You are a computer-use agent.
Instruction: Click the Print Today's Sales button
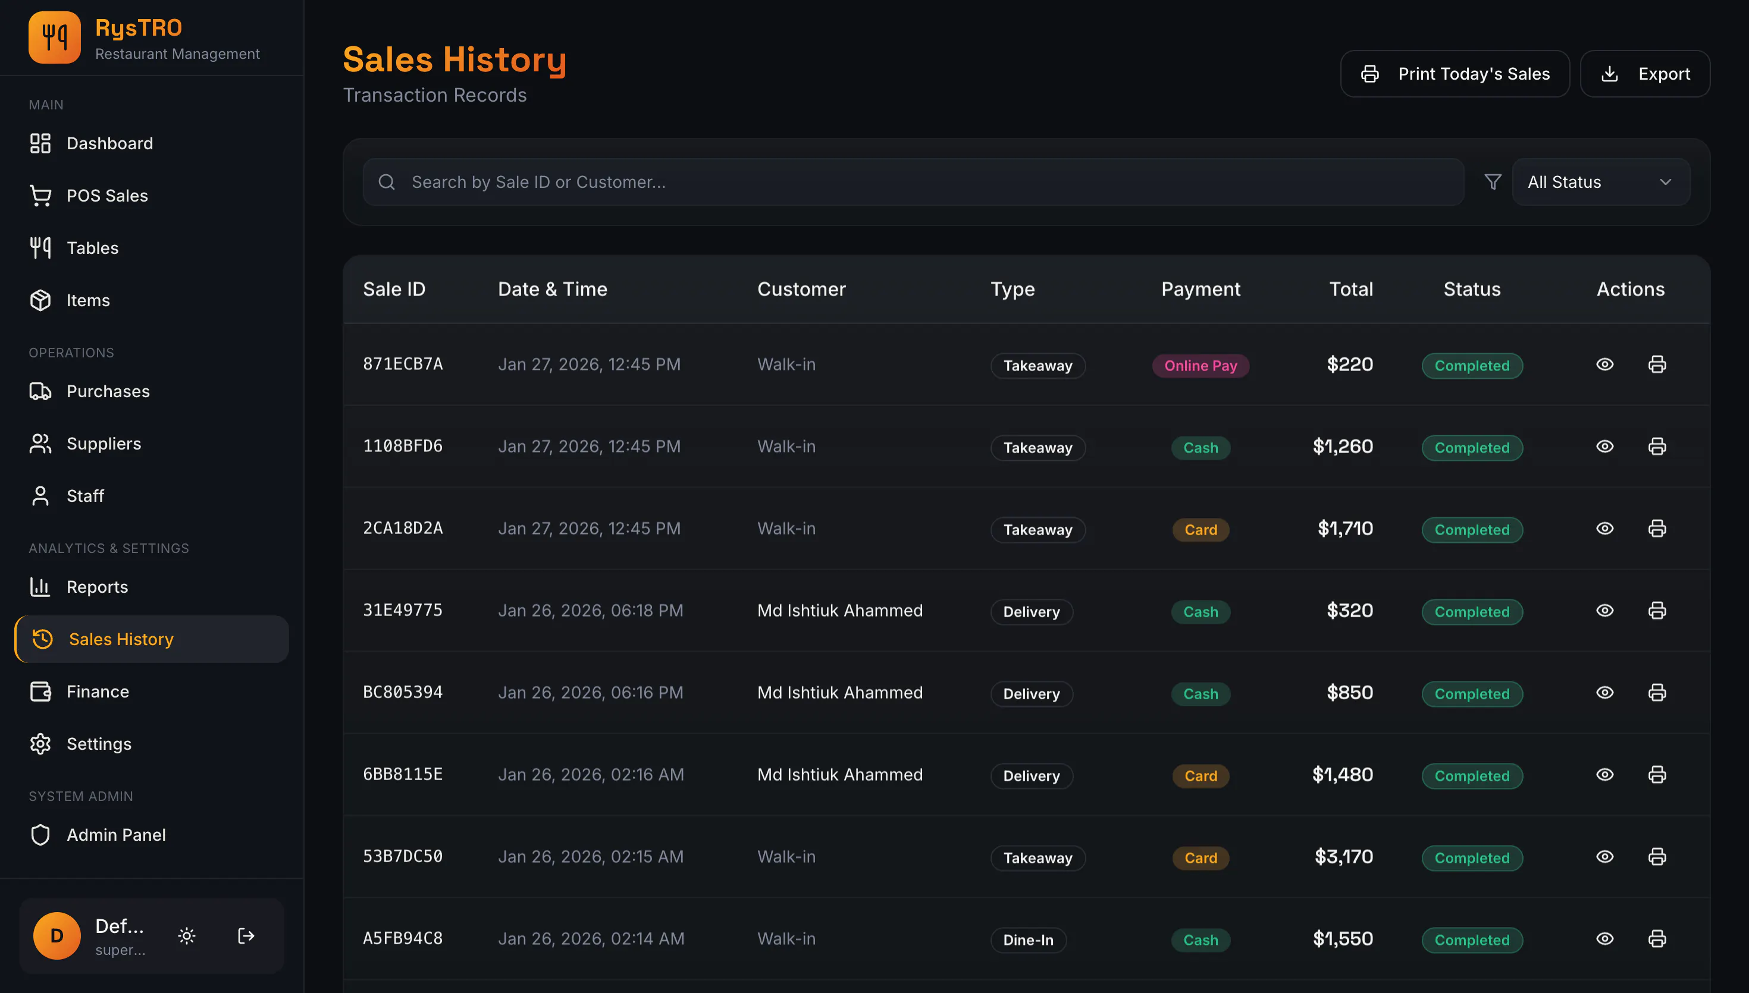coord(1455,74)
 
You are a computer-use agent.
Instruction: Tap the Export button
coord(1645,74)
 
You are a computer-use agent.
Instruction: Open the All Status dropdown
coord(1600,182)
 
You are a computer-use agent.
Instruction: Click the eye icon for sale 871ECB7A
coord(1604,364)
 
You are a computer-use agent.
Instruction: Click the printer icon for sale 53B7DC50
coord(1657,857)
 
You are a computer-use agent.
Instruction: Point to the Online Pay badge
coord(1201,366)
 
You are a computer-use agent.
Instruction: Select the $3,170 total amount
coord(1344,857)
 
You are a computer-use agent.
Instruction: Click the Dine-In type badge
coord(1028,940)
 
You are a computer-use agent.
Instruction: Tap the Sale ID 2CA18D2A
coord(403,529)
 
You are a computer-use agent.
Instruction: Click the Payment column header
coord(1201,289)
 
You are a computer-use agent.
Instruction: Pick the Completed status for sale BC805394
coord(1472,693)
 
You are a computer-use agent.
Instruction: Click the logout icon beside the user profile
coord(246,936)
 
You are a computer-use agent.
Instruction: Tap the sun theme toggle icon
coord(187,936)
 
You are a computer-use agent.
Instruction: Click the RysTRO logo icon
coord(55,37)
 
